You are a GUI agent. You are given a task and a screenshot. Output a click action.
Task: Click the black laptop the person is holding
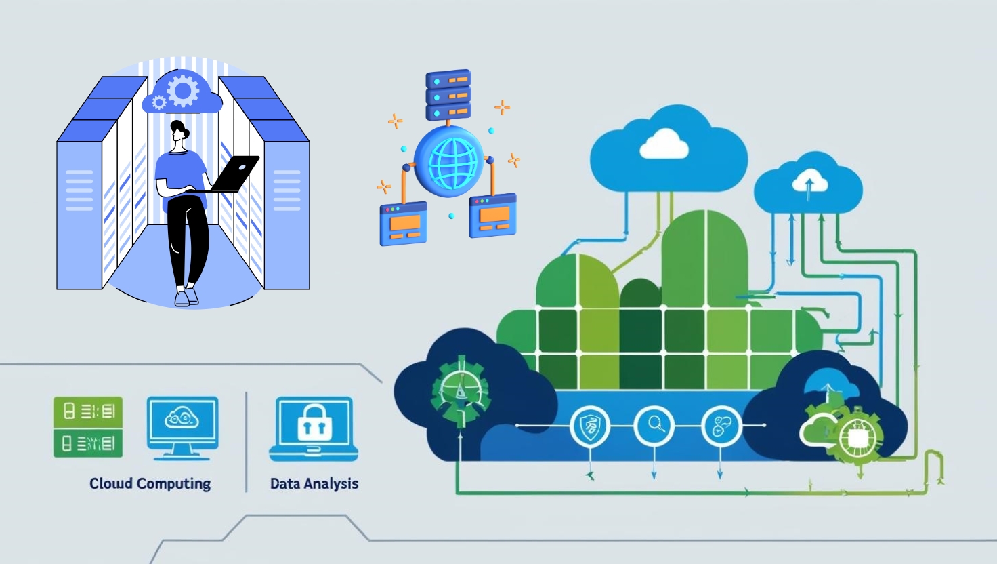[234, 172]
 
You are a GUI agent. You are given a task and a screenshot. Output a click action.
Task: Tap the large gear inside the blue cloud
[183, 90]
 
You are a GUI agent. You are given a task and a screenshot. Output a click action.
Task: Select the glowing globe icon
[448, 160]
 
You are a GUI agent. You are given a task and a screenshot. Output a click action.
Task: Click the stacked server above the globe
[448, 94]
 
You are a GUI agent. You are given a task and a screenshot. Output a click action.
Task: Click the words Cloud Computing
[150, 483]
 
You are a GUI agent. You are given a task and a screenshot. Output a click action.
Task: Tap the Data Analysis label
[314, 483]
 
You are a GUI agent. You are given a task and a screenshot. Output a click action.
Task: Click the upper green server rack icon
[88, 411]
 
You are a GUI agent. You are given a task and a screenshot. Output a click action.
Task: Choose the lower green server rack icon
[88, 443]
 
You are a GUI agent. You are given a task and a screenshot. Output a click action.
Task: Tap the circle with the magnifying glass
[654, 426]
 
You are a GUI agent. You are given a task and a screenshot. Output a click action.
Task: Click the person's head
[179, 132]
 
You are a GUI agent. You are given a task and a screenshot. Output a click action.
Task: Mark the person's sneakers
[186, 297]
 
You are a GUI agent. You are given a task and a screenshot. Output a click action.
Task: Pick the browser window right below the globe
[493, 215]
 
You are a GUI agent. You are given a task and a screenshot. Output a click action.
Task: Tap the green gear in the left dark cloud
[460, 389]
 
